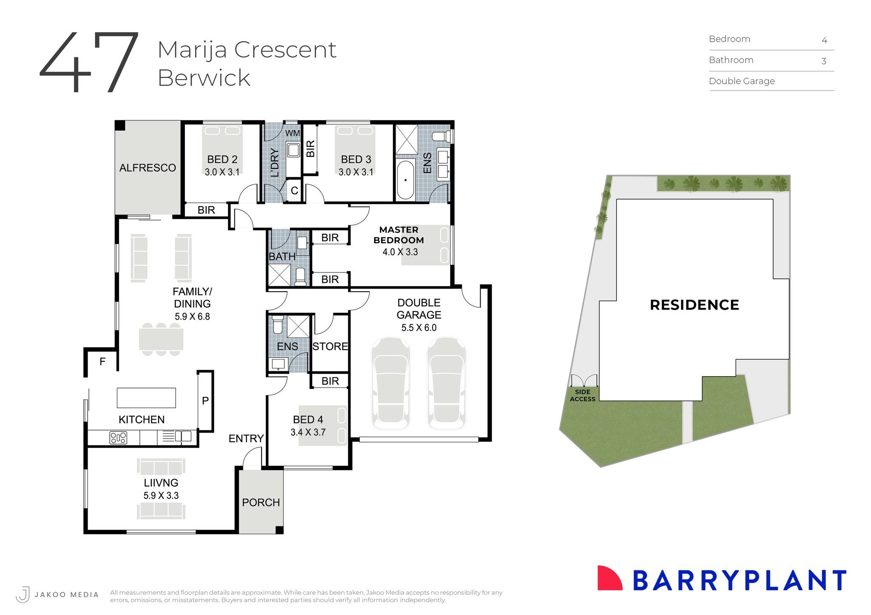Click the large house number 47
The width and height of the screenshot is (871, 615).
coord(89,62)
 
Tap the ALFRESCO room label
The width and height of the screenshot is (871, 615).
coord(148,168)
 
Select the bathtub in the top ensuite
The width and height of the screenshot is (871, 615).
coord(405,180)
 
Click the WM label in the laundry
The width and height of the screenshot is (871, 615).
coord(292,133)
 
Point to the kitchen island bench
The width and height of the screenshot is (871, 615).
coord(146,398)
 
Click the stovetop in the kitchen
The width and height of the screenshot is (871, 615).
coord(118,437)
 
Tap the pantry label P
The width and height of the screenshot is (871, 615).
coord(205,400)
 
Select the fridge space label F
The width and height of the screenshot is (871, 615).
coord(102,362)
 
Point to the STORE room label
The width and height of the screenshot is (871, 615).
coord(330,346)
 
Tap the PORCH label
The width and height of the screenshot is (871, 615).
coord(261,502)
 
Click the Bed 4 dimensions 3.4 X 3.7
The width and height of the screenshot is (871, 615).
coord(308,432)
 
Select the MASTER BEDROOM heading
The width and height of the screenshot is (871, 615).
coord(398,235)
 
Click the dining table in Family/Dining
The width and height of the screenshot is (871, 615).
coord(161,339)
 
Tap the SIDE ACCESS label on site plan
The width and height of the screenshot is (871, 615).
coord(582,395)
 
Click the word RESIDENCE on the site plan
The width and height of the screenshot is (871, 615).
coord(694,305)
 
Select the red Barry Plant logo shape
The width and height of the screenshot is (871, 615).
coord(609,578)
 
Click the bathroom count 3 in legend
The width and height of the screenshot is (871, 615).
coord(823,61)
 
